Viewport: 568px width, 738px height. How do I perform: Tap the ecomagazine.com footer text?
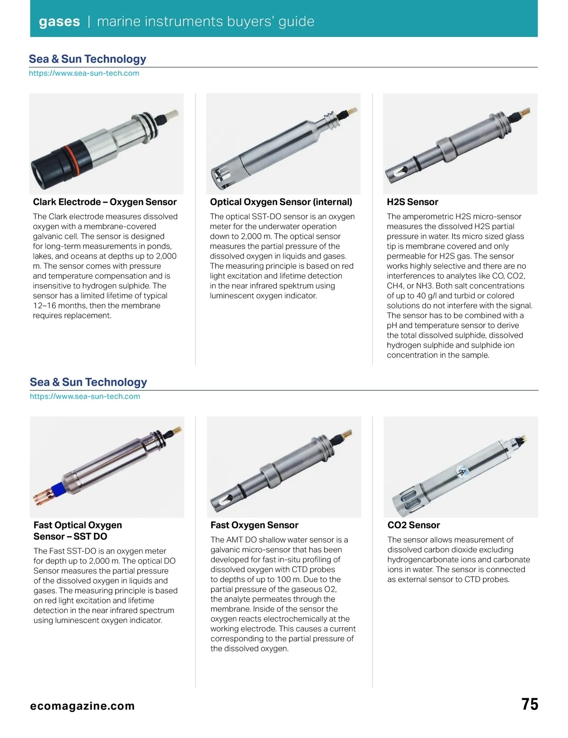coord(82,706)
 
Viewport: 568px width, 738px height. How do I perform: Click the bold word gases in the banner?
coord(59,22)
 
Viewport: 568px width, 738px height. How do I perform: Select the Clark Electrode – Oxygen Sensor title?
coord(105,202)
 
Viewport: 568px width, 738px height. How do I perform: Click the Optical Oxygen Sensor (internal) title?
coord(281,202)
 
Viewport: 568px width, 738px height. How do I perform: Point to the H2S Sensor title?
coord(412,202)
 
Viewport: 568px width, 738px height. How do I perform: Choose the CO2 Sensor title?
coord(413,525)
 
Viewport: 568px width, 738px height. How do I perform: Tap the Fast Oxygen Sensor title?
coord(254,525)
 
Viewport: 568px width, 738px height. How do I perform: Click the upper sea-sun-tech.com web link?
coord(84,73)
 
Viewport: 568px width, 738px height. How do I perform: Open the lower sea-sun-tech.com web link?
coord(85,396)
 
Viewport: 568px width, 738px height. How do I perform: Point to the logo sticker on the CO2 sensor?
coord(461,471)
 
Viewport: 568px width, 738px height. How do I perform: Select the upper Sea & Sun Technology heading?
coord(87,59)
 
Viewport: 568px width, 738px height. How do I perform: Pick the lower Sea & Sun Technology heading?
coord(88,382)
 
